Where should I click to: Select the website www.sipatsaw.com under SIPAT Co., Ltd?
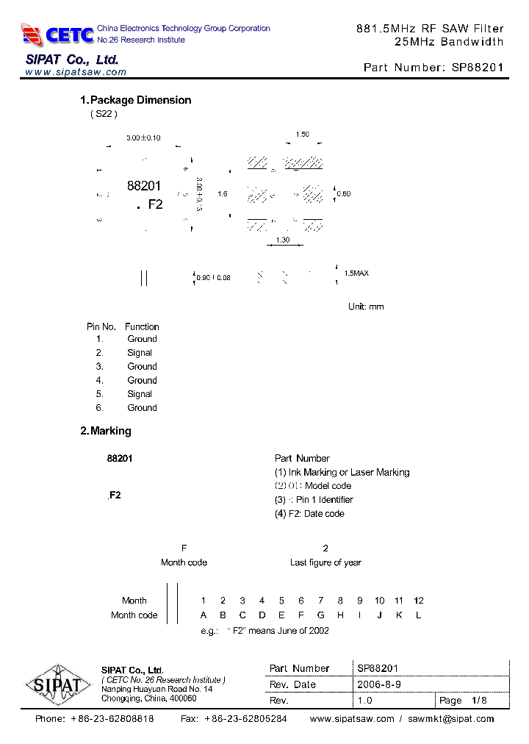click(x=76, y=73)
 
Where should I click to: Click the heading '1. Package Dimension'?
click(x=135, y=100)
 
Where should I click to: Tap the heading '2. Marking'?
click(x=106, y=431)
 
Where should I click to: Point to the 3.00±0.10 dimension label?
click(x=143, y=137)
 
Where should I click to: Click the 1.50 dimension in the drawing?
click(x=302, y=135)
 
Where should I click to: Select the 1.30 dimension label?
click(x=282, y=240)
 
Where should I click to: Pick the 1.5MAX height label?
click(x=356, y=273)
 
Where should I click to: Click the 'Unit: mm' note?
click(x=366, y=307)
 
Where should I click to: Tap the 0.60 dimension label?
click(x=344, y=194)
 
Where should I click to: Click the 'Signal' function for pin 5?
click(x=140, y=394)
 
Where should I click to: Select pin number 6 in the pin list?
click(x=99, y=408)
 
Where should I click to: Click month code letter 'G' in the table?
click(x=320, y=615)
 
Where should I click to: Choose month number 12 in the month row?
click(x=419, y=601)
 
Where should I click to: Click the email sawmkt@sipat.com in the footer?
click(x=451, y=719)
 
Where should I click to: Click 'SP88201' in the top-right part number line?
click(x=478, y=67)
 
